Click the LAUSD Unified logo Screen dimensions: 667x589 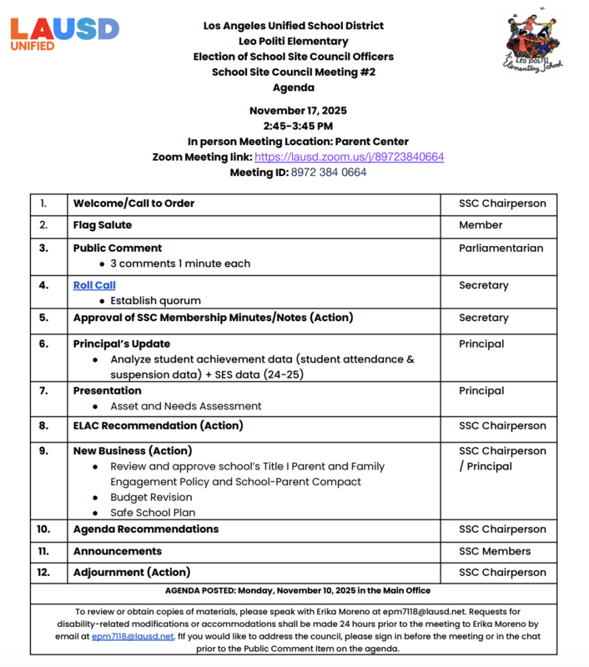click(x=64, y=33)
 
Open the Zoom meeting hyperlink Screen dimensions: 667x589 click(x=349, y=157)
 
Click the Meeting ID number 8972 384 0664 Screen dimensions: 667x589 click(x=327, y=173)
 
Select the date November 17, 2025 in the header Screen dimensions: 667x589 click(x=298, y=110)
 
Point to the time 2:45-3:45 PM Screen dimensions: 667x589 click(x=298, y=126)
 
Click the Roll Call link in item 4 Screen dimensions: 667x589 click(x=94, y=285)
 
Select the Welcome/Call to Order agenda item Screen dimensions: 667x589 click(x=134, y=203)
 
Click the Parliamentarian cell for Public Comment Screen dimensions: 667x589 click(x=501, y=248)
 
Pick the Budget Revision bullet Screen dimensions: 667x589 click(x=151, y=497)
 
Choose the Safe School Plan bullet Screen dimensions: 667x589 click(x=153, y=513)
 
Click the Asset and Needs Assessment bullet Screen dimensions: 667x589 click(x=186, y=406)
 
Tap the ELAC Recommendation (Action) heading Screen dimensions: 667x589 click(x=158, y=425)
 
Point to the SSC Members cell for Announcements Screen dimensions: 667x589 click(x=495, y=551)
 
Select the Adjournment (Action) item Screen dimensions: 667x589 click(x=132, y=572)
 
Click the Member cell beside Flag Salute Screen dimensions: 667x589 click(x=481, y=225)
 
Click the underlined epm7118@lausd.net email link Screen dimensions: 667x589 click(x=133, y=636)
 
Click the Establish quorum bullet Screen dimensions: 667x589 click(x=155, y=300)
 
